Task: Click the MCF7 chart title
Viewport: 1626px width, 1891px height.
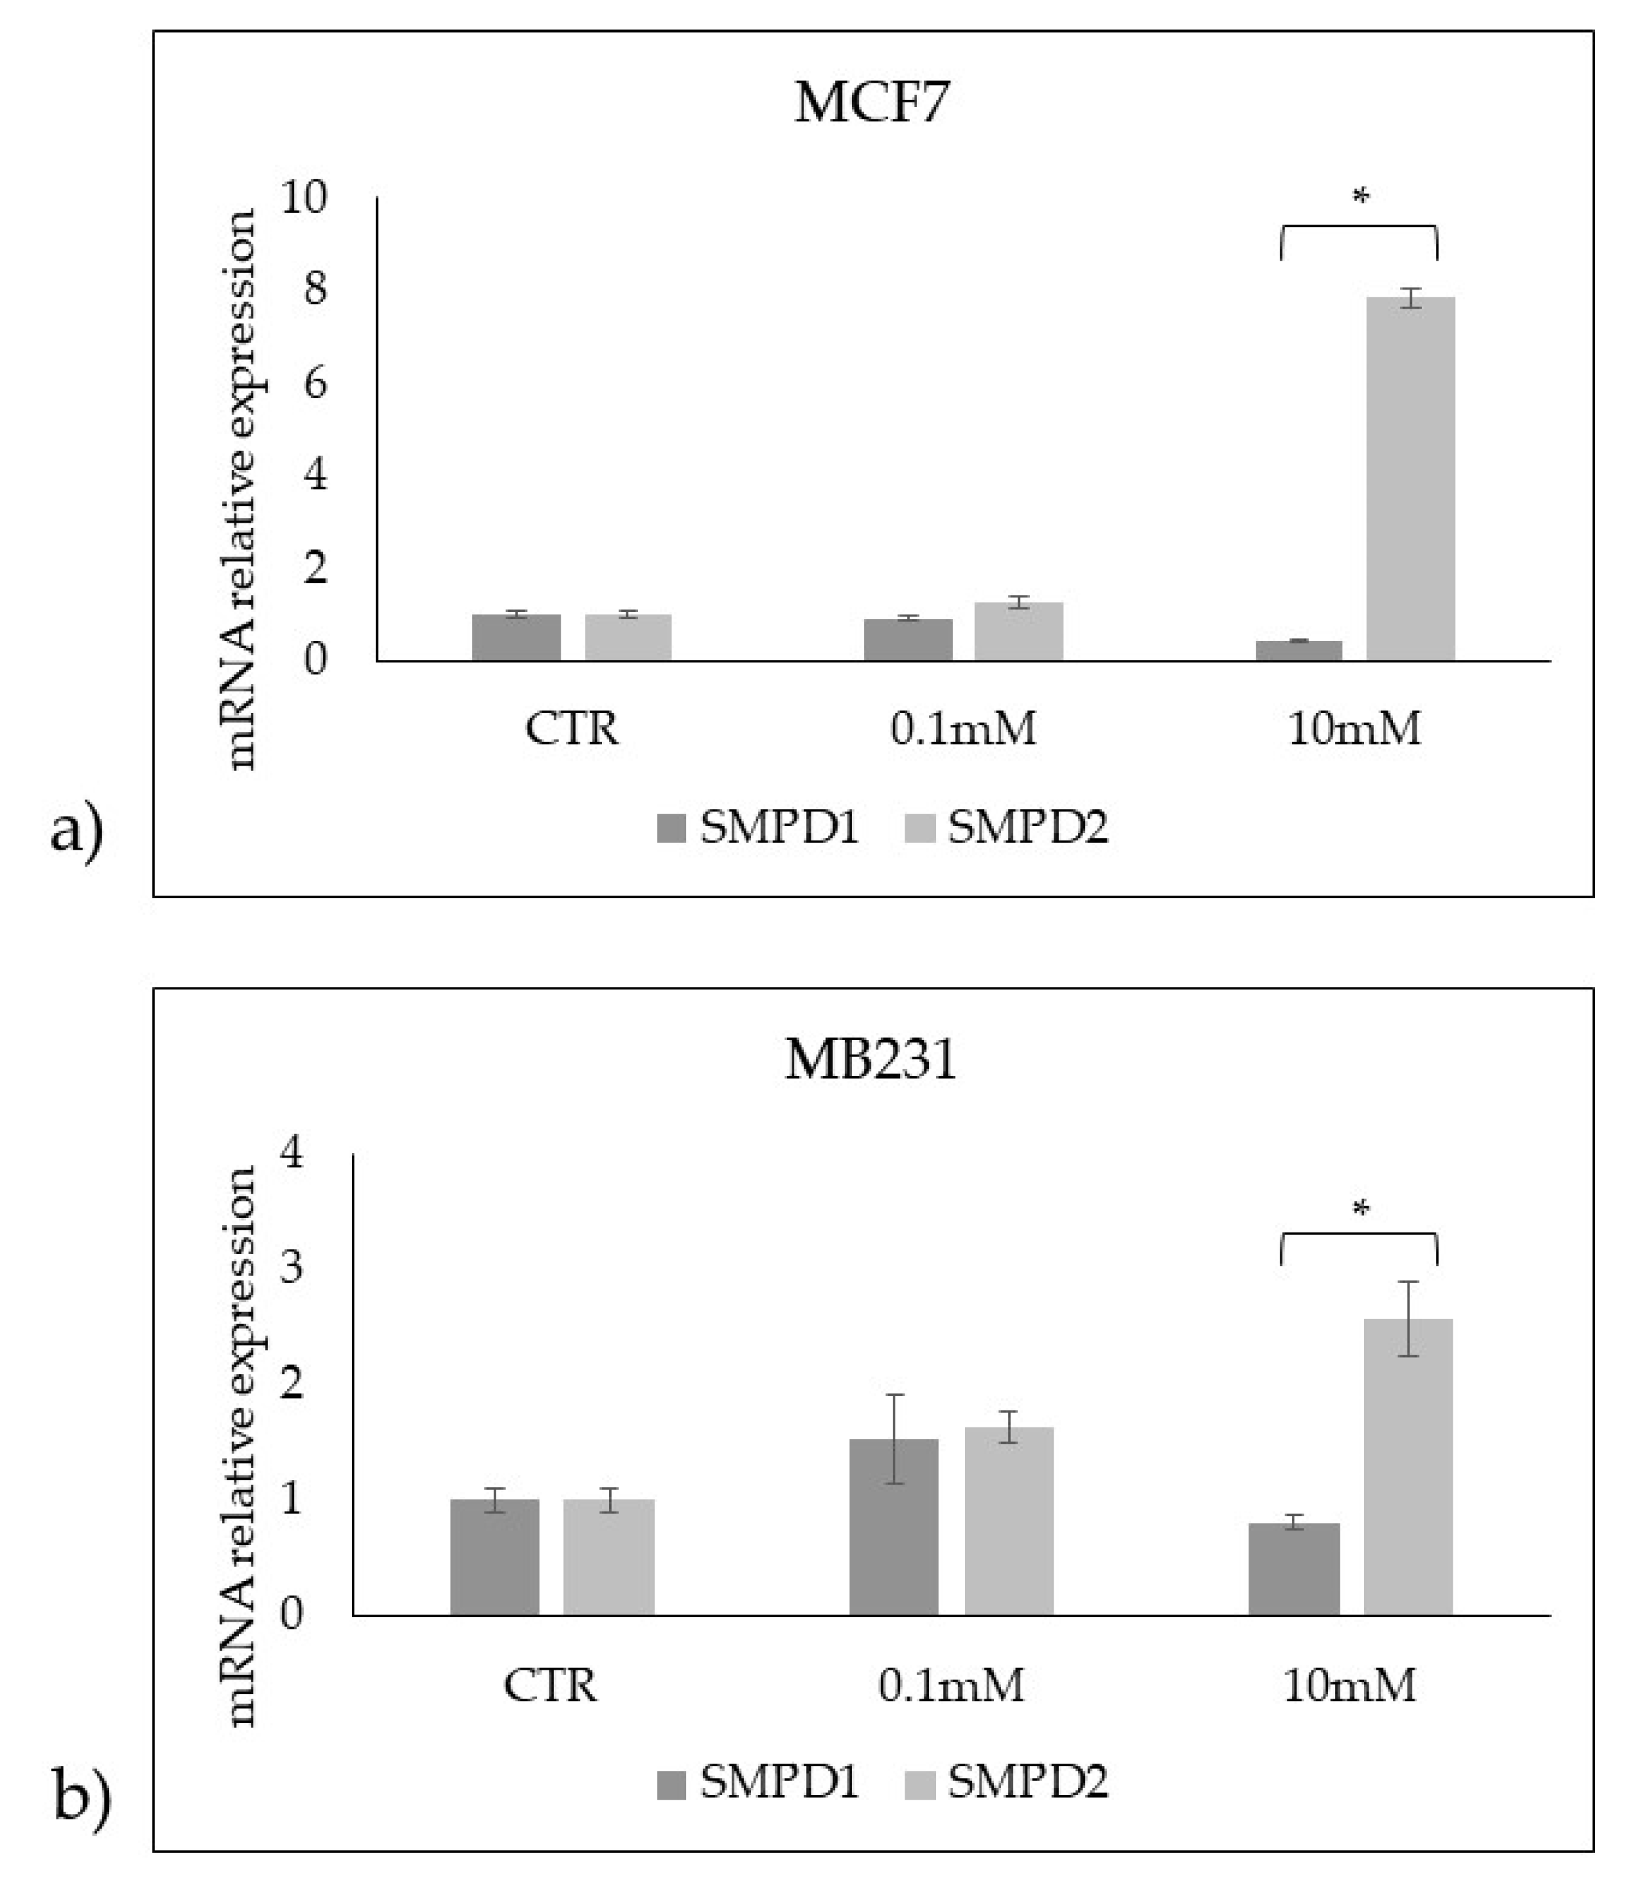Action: (x=871, y=103)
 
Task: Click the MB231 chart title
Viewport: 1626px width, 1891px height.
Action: (x=870, y=1060)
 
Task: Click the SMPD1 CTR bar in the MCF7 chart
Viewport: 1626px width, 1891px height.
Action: (x=517, y=637)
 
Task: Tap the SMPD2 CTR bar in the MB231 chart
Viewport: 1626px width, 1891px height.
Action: (x=609, y=1557)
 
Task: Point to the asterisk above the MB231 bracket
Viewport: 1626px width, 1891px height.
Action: (x=1361, y=1211)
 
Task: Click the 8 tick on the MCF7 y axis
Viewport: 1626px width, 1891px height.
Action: (x=316, y=290)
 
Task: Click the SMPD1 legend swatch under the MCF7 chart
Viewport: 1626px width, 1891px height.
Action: (x=671, y=829)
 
